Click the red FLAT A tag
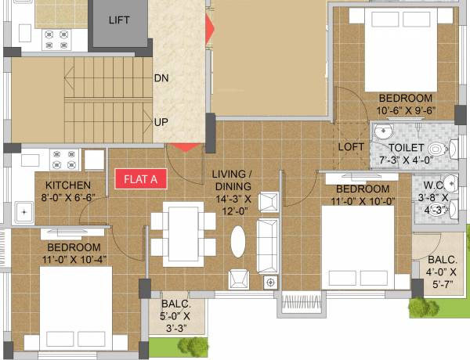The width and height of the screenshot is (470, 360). tap(142, 178)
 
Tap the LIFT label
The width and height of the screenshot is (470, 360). tap(119, 20)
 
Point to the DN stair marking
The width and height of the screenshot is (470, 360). tap(161, 78)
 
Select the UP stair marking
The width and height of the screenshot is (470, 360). tap(161, 122)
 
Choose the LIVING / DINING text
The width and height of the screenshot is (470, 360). tap(232, 180)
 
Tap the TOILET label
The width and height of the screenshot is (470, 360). tap(407, 147)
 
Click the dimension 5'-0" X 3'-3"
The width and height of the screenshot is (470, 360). tap(181, 323)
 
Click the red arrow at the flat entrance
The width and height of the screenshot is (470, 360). tap(186, 146)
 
